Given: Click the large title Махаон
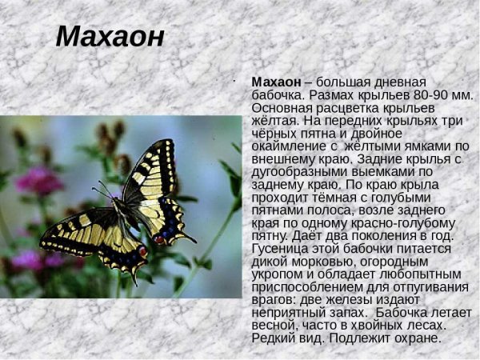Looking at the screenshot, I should click(110, 37).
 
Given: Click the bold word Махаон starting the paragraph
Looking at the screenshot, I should click(276, 82).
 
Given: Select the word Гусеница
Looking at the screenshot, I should click(281, 248).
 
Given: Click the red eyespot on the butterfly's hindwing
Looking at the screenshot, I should click(143, 251).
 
